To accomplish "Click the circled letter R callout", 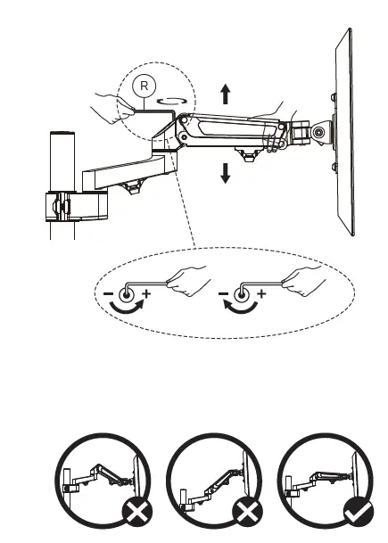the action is click(x=144, y=86).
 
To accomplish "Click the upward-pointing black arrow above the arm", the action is click(x=226, y=94).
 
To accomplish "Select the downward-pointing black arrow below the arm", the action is click(x=225, y=173).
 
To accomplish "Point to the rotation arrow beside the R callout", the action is click(x=172, y=101).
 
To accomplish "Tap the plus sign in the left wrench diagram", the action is click(x=147, y=294).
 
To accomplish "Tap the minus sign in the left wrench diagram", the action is click(x=108, y=294).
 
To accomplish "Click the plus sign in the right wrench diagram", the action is click(x=261, y=294).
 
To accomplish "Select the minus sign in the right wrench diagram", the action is click(x=224, y=294).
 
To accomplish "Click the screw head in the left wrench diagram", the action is click(x=126, y=295).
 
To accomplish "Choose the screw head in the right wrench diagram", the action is click(x=241, y=295).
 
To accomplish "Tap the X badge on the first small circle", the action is click(x=137, y=512).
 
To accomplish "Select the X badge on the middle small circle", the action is click(x=247, y=512).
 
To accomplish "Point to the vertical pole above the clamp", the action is click(x=62, y=161).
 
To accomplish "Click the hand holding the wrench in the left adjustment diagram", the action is click(x=189, y=281).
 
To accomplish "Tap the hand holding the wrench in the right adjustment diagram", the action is click(x=304, y=281).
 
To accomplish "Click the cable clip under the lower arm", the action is click(x=133, y=187).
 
